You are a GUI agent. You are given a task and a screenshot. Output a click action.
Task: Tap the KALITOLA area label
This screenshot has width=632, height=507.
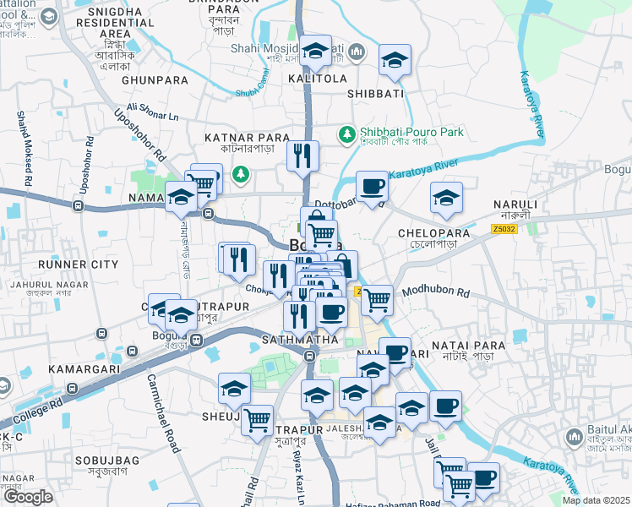point(317,79)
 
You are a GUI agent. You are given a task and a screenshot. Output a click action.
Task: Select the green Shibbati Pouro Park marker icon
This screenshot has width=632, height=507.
point(346,133)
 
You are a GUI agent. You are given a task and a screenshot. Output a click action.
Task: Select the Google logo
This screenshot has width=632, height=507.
point(29,497)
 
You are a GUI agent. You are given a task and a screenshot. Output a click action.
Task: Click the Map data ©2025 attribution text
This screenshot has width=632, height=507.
point(596,500)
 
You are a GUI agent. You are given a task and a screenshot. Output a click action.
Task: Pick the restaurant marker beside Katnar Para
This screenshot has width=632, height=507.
point(302,155)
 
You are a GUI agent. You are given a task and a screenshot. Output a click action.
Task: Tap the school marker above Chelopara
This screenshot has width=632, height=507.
point(446,199)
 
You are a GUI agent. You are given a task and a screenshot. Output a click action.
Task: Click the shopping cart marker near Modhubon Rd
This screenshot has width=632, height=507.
point(377,299)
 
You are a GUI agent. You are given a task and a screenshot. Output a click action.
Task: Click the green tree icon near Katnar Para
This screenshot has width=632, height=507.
point(242,173)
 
